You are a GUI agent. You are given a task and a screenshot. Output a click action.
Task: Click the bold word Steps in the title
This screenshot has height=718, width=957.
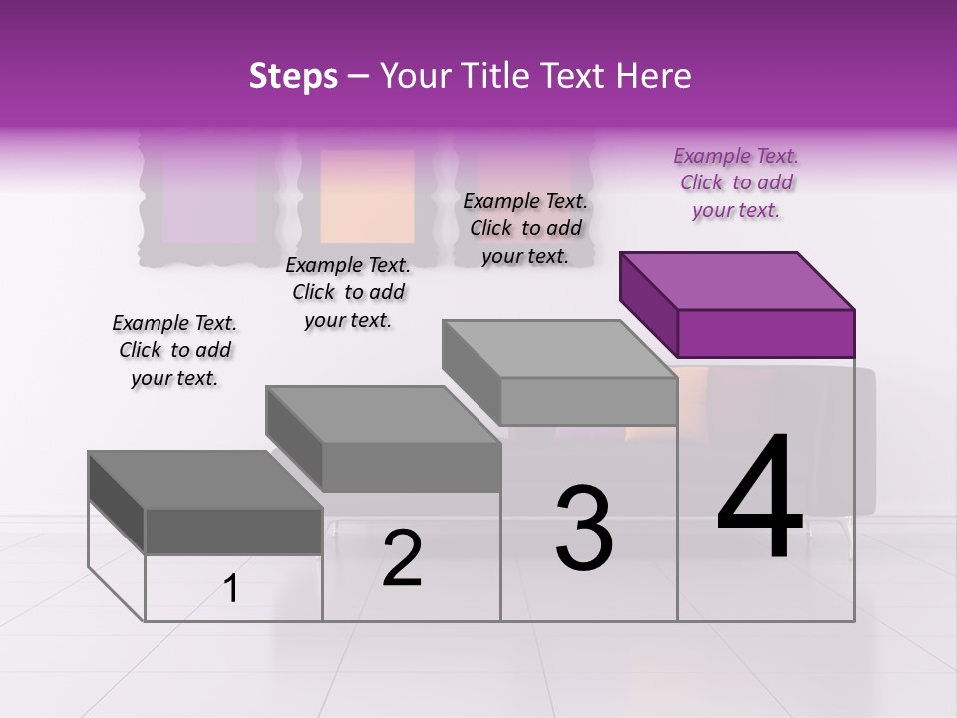(x=293, y=76)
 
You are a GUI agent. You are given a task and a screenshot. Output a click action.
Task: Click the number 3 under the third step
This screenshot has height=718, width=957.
(x=583, y=529)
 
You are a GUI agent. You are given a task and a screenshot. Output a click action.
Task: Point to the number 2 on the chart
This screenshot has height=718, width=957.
(x=402, y=558)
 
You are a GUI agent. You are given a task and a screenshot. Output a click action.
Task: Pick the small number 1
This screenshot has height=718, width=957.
(x=231, y=589)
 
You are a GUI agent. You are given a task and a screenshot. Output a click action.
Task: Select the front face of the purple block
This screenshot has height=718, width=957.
(x=766, y=333)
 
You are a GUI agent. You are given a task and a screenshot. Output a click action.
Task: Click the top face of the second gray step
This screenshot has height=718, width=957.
(x=383, y=414)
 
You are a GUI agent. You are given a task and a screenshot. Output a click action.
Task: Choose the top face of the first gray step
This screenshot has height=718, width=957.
(x=205, y=480)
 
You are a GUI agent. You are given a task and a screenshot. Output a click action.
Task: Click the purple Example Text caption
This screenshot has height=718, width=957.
(x=736, y=182)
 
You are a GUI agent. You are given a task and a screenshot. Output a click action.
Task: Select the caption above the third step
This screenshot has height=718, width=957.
(x=525, y=228)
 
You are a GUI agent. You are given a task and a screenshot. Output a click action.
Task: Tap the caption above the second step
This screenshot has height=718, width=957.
(x=348, y=292)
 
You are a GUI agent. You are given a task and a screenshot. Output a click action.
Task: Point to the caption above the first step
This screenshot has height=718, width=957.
(x=174, y=350)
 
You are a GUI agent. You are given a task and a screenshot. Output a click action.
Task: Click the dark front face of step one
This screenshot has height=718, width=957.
(x=233, y=531)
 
